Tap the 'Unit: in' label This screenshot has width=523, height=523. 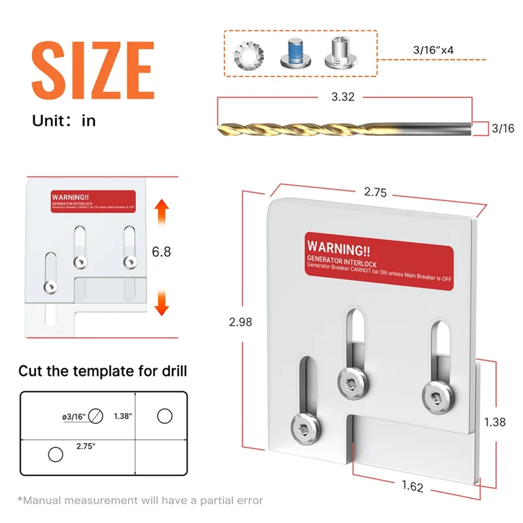pyautogui.click(x=64, y=121)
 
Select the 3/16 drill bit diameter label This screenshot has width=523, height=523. pyautogui.click(x=502, y=129)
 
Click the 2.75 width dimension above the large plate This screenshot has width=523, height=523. pyautogui.click(x=376, y=193)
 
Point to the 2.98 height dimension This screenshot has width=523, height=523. pyautogui.click(x=238, y=322)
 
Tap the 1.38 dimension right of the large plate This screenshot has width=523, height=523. pyautogui.click(x=495, y=422)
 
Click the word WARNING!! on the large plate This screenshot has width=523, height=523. pyautogui.click(x=339, y=248)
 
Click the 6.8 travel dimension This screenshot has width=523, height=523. pyautogui.click(x=161, y=251)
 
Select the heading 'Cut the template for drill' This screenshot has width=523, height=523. pyautogui.click(x=103, y=371)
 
